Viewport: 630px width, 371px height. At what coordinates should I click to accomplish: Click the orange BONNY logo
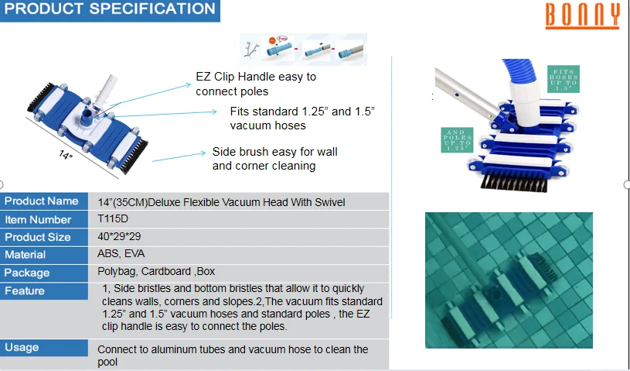(582, 15)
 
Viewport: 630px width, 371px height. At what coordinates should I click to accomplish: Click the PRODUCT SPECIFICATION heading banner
(110, 11)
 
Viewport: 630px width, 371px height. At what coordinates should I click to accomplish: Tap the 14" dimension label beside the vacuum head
(66, 154)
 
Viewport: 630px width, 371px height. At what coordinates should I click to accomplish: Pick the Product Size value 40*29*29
(119, 236)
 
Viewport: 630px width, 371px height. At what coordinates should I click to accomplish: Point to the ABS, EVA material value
(121, 254)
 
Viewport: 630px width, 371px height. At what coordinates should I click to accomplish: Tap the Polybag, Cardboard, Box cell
(156, 272)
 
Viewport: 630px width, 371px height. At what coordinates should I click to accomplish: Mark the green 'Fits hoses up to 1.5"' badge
(564, 79)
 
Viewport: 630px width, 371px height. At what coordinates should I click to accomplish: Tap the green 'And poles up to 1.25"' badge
(457, 140)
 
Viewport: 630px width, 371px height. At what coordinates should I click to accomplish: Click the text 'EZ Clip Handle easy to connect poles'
(256, 84)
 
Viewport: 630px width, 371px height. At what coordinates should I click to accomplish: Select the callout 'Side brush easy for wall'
(275, 152)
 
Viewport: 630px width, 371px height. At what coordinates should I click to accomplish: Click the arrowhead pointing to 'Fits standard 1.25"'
(215, 112)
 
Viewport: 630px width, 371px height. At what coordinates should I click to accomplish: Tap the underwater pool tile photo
(509, 280)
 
